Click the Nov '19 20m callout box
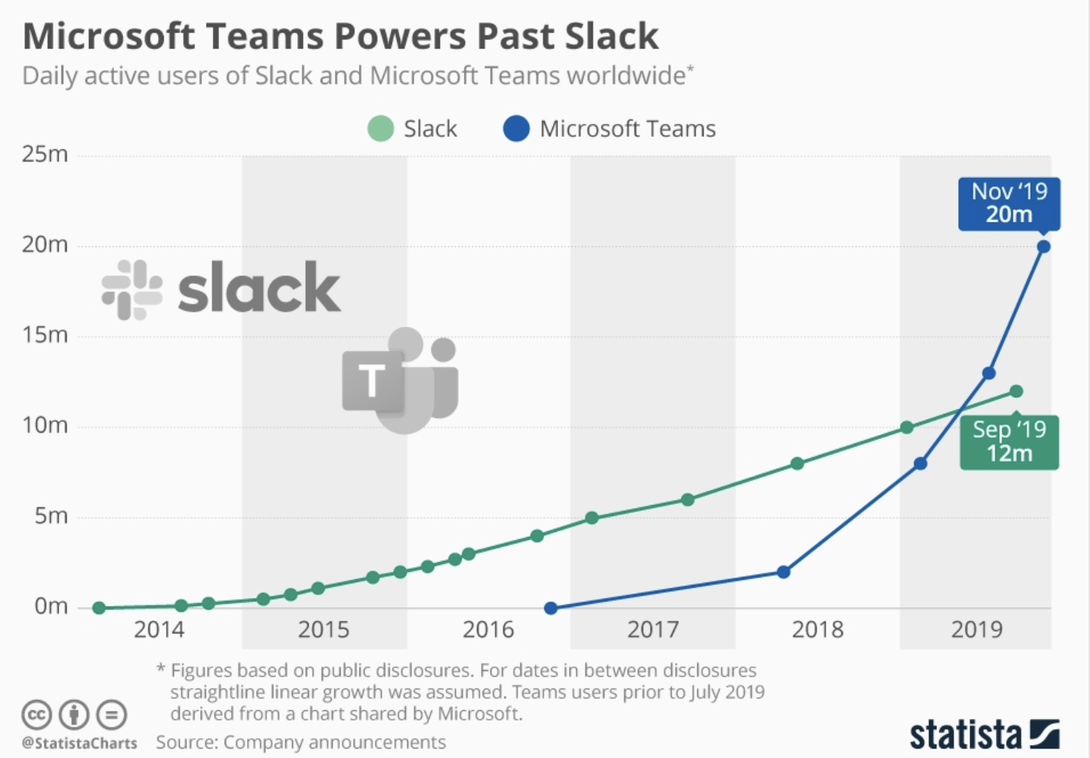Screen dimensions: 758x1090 pyautogui.click(x=1009, y=204)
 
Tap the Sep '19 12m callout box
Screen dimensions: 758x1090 pyautogui.click(x=1009, y=442)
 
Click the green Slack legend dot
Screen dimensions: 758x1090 pyautogui.click(x=380, y=129)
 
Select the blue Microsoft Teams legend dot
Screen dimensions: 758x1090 pyautogui.click(x=516, y=129)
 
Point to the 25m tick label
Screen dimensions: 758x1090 pyautogui.click(x=45, y=154)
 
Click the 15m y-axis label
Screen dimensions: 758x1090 pyautogui.click(x=45, y=335)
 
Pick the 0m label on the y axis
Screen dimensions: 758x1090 pyautogui.click(x=51, y=606)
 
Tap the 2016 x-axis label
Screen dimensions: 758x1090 pyautogui.click(x=488, y=630)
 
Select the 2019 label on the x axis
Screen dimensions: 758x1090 pyautogui.click(x=976, y=630)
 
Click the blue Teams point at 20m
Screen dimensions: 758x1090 pyautogui.click(x=1044, y=246)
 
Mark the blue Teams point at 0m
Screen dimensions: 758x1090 pyautogui.click(x=551, y=608)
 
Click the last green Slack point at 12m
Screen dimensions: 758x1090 pyautogui.click(x=1016, y=391)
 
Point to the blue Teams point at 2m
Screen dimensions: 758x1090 pyautogui.click(x=783, y=572)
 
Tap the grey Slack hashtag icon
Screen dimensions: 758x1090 pyautogui.click(x=132, y=290)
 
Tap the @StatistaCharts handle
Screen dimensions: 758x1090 pyautogui.click(x=80, y=744)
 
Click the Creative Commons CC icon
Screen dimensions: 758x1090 pyautogui.click(x=36, y=715)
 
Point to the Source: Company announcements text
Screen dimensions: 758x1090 pyautogui.click(x=301, y=743)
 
